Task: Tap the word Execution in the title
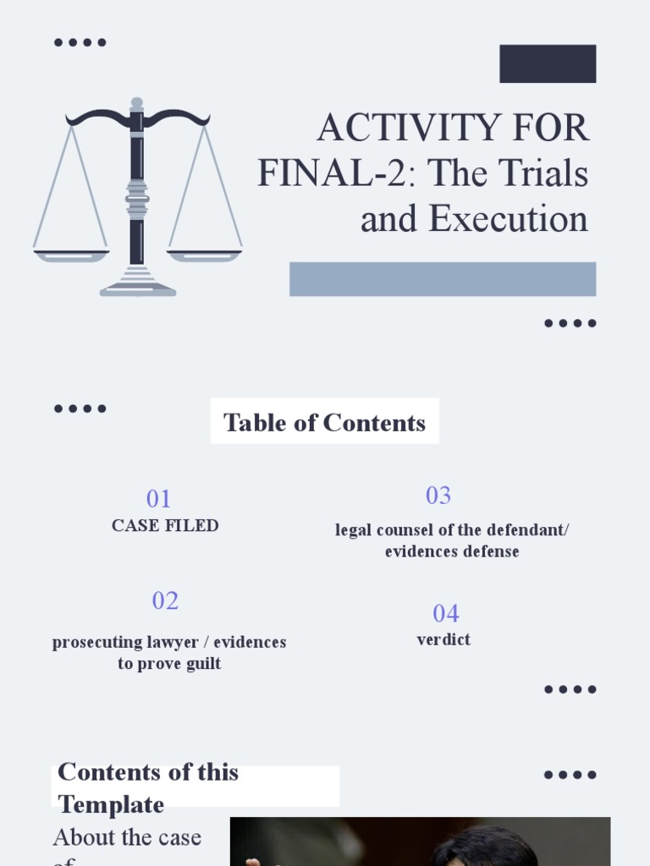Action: tap(508, 219)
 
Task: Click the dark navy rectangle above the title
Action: tap(548, 63)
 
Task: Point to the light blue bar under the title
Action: tap(443, 279)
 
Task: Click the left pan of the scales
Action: tap(71, 255)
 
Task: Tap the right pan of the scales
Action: tap(205, 255)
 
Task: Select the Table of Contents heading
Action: tap(324, 422)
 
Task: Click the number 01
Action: tap(158, 498)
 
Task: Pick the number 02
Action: tap(165, 600)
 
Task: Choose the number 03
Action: tap(438, 496)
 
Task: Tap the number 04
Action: tap(446, 613)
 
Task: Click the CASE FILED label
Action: tap(165, 525)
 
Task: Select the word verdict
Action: tap(443, 639)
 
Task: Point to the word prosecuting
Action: tap(96, 642)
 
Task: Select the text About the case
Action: tap(127, 837)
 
